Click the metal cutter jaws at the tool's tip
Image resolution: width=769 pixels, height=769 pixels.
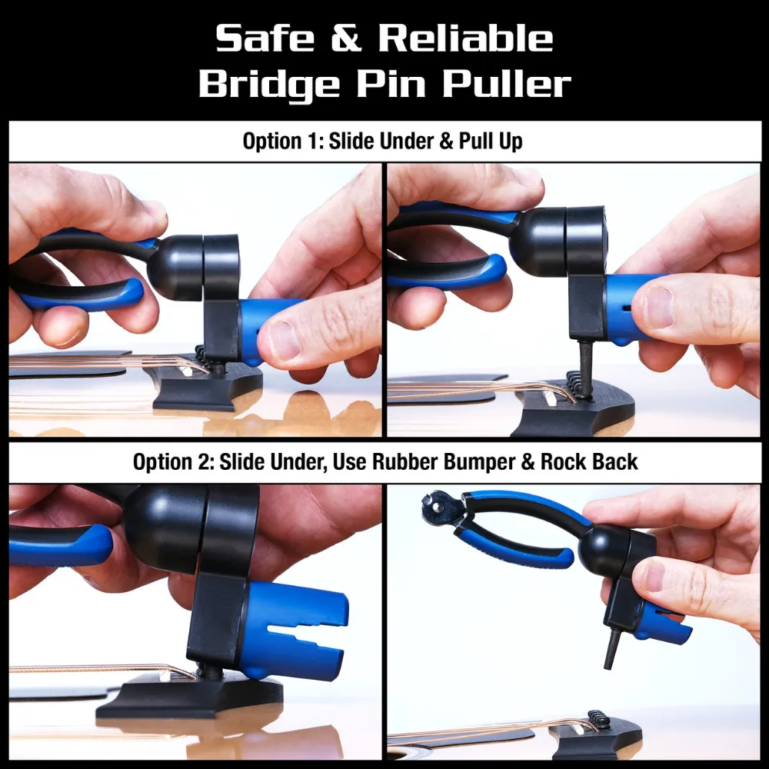click(440, 505)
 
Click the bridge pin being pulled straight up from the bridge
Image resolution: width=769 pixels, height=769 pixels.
click(586, 369)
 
